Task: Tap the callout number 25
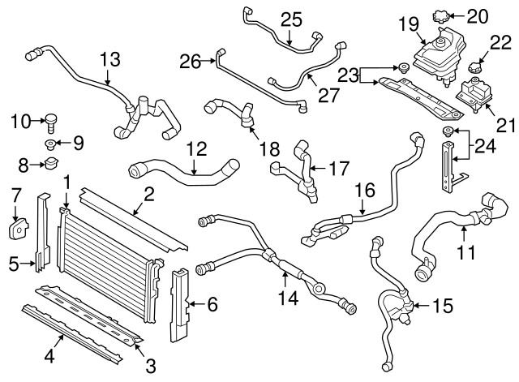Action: tap(290, 19)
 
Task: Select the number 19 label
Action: tap(407, 25)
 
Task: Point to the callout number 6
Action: tap(212, 305)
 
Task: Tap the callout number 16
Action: tap(365, 191)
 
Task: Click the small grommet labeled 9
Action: tap(51, 146)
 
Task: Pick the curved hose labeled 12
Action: tap(187, 172)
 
